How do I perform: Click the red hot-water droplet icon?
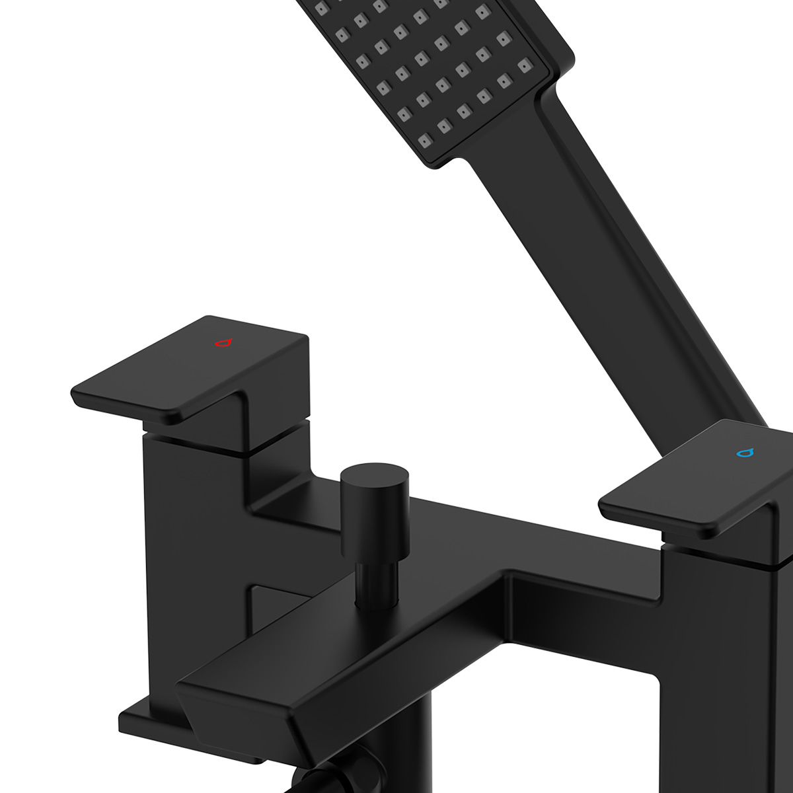tap(224, 343)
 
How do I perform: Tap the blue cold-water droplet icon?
tap(745, 453)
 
